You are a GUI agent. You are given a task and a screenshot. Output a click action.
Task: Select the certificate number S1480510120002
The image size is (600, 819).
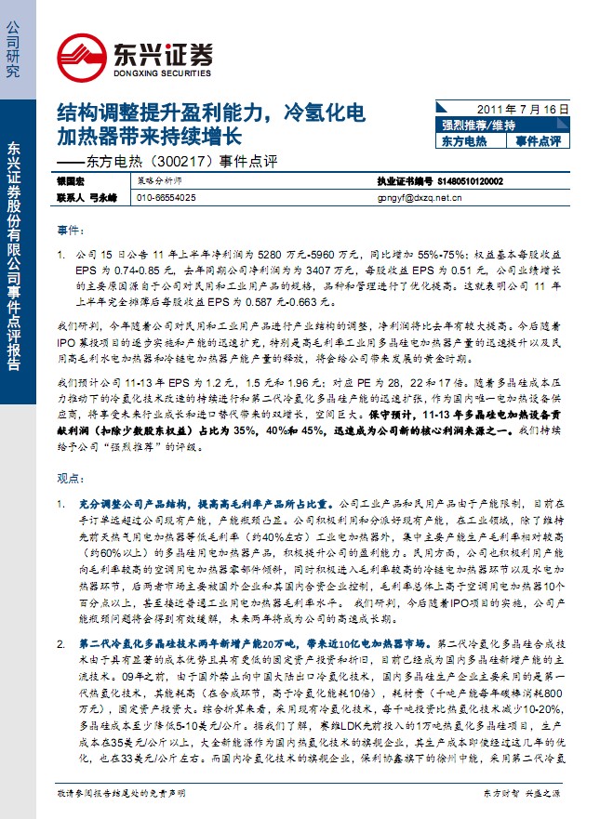[x=470, y=182]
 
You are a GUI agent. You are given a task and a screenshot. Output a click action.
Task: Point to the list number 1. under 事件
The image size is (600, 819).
[x=60, y=253]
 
